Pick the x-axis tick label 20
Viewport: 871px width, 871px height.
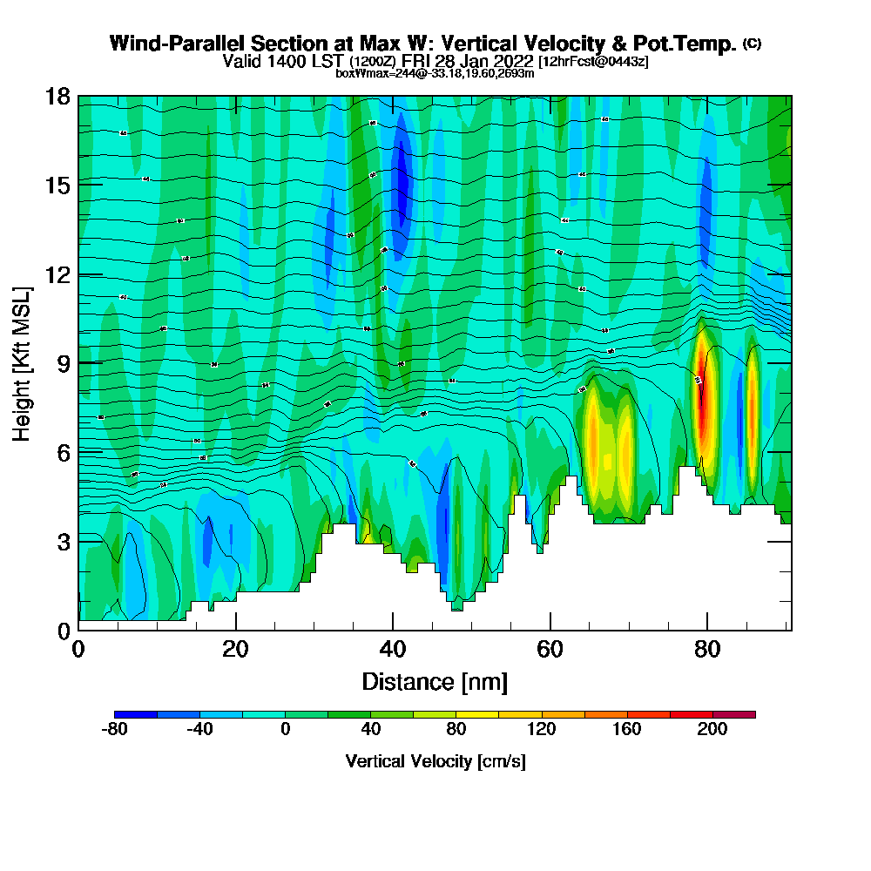pos(236,649)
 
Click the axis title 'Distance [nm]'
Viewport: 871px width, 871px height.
pos(435,681)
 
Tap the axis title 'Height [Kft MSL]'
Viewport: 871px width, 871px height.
pos(23,362)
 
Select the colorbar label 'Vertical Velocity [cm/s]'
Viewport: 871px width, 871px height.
pos(435,761)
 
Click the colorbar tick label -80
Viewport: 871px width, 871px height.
pos(115,730)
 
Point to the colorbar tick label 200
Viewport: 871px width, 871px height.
pos(712,730)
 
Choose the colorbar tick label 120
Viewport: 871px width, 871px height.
pos(542,730)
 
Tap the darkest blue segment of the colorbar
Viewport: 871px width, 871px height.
pos(136,714)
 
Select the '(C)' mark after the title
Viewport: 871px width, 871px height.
pos(752,44)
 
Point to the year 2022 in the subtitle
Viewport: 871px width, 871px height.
pos(514,61)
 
